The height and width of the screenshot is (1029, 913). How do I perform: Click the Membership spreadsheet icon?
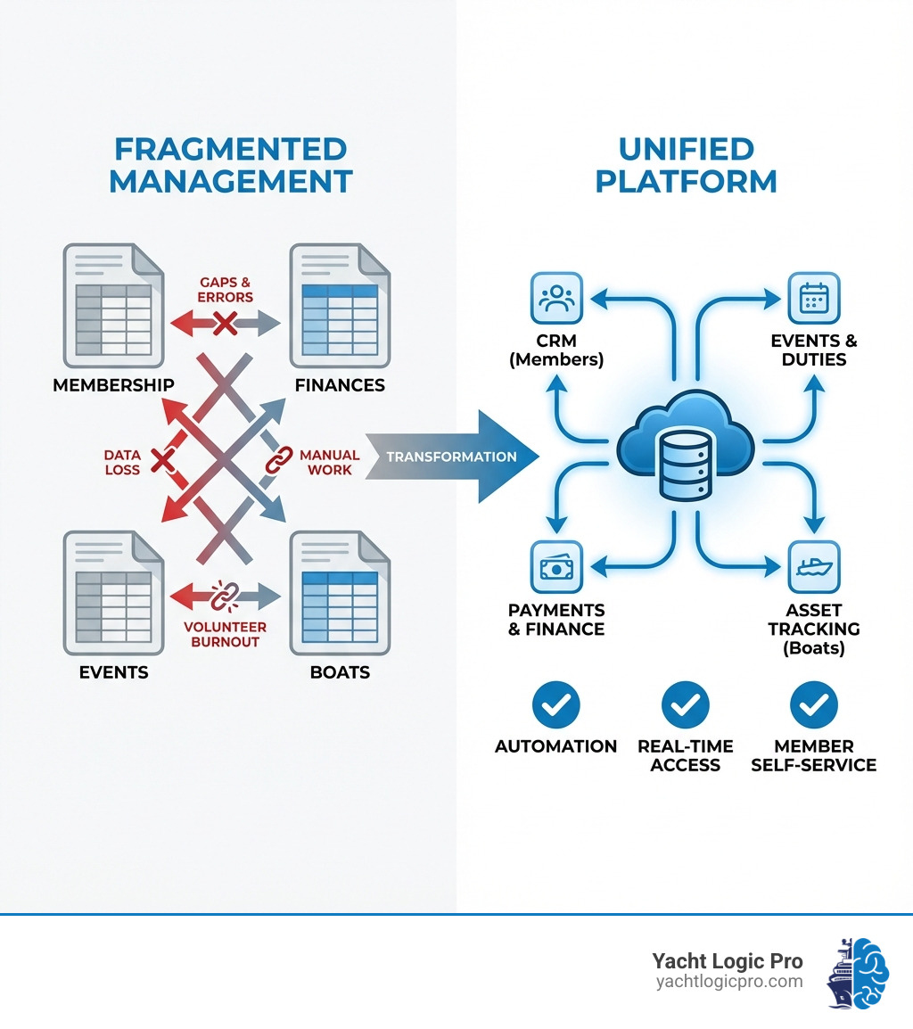point(113,306)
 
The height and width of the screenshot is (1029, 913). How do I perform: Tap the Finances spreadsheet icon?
point(340,306)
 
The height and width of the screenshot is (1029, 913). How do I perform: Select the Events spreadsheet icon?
point(113,592)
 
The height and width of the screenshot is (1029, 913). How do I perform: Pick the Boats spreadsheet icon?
point(340,592)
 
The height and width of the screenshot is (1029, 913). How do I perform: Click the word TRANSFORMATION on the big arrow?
point(451,457)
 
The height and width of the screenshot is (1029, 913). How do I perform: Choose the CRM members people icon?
point(556,298)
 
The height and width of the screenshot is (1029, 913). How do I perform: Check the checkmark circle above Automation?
point(556,706)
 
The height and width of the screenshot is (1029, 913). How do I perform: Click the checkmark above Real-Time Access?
point(685,706)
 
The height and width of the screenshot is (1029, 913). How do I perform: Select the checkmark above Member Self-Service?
point(814,706)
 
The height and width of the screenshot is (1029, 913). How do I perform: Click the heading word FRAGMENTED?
point(230,148)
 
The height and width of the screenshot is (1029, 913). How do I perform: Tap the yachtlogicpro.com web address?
point(728,982)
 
